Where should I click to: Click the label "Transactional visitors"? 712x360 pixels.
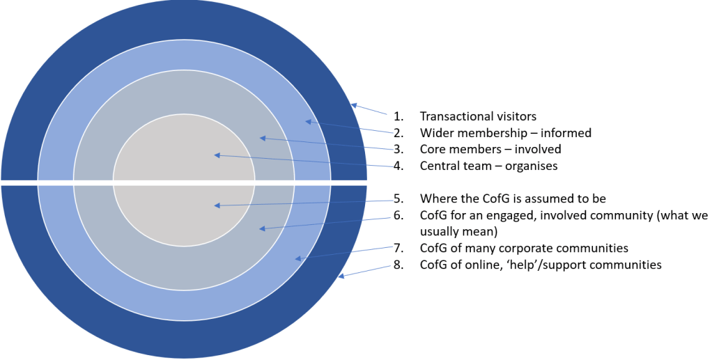pos(477,116)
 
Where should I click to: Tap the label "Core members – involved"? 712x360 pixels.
pos(490,149)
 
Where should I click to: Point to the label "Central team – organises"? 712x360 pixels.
pos(488,166)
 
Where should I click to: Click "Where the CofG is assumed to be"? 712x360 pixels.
pos(512,198)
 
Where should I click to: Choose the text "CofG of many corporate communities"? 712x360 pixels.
pos(524,248)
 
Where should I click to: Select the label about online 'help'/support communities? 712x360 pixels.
pos(540,265)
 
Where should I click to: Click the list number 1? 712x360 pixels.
pos(398,116)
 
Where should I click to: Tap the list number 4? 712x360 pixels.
pos(398,166)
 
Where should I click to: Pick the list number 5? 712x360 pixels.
pos(398,198)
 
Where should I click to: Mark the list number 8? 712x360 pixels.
pos(398,265)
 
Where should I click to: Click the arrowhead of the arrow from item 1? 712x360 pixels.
pos(353,106)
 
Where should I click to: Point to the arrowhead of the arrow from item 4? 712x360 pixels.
pos(217,155)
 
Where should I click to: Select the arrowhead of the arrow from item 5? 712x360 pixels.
pos(217,205)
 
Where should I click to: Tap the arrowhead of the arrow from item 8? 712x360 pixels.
pos(339,277)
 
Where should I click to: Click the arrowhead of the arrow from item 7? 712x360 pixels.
pos(297,259)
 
